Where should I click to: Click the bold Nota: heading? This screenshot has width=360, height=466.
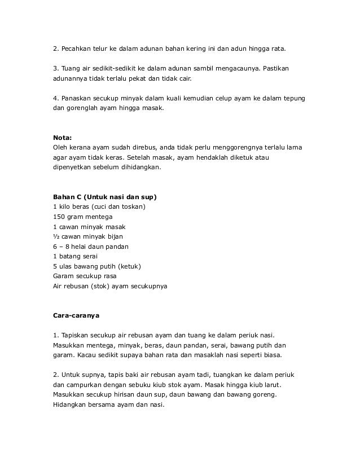pyautogui.click(x=63, y=137)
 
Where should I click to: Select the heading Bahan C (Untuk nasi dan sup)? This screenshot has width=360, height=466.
pyautogui.click(x=104, y=197)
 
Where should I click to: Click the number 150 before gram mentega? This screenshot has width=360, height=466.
pyautogui.click(x=59, y=217)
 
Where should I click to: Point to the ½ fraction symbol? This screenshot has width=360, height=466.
pyautogui.click(x=55, y=236)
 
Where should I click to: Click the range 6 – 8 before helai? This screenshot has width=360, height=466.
pyautogui.click(x=63, y=247)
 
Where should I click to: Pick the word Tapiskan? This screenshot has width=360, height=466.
pyautogui.click(x=74, y=335)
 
